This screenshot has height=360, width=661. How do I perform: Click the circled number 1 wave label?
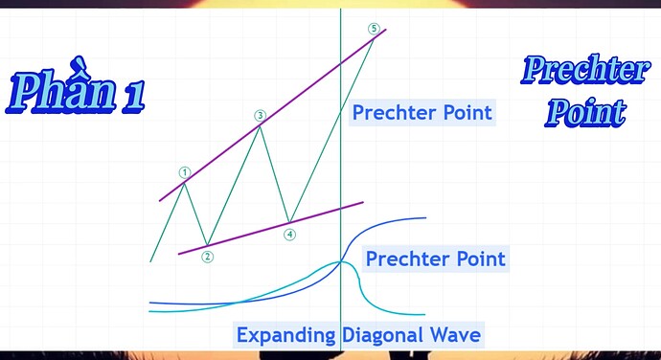pos(184,172)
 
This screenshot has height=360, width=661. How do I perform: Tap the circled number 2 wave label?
pos(207,257)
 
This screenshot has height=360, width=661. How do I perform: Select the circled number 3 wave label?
pos(261,116)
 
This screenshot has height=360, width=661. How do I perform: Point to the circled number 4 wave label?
pos(289,235)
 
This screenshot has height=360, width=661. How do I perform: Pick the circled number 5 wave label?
pos(374,29)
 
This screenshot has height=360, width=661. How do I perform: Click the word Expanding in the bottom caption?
pos(286,336)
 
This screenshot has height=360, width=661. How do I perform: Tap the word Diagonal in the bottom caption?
pos(382,335)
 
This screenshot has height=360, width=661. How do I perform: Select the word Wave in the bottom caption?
pos(455,335)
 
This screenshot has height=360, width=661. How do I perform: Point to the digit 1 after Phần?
pos(134,98)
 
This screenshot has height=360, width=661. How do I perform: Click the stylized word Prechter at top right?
pos(585,70)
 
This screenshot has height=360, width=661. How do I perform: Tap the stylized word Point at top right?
pos(585,112)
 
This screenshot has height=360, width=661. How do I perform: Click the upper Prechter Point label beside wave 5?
pos(422,113)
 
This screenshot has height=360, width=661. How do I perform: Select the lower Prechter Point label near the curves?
pos(436,259)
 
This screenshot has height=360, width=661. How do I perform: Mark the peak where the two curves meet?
pos(341,261)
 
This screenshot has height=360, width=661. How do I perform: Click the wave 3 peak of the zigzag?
pos(261,126)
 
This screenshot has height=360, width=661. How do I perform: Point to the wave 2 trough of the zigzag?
pos(207,245)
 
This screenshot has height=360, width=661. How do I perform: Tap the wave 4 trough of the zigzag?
pos(289,222)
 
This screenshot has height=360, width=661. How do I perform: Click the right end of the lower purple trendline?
pos(363,202)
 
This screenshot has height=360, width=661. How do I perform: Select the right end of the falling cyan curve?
pos(425,314)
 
